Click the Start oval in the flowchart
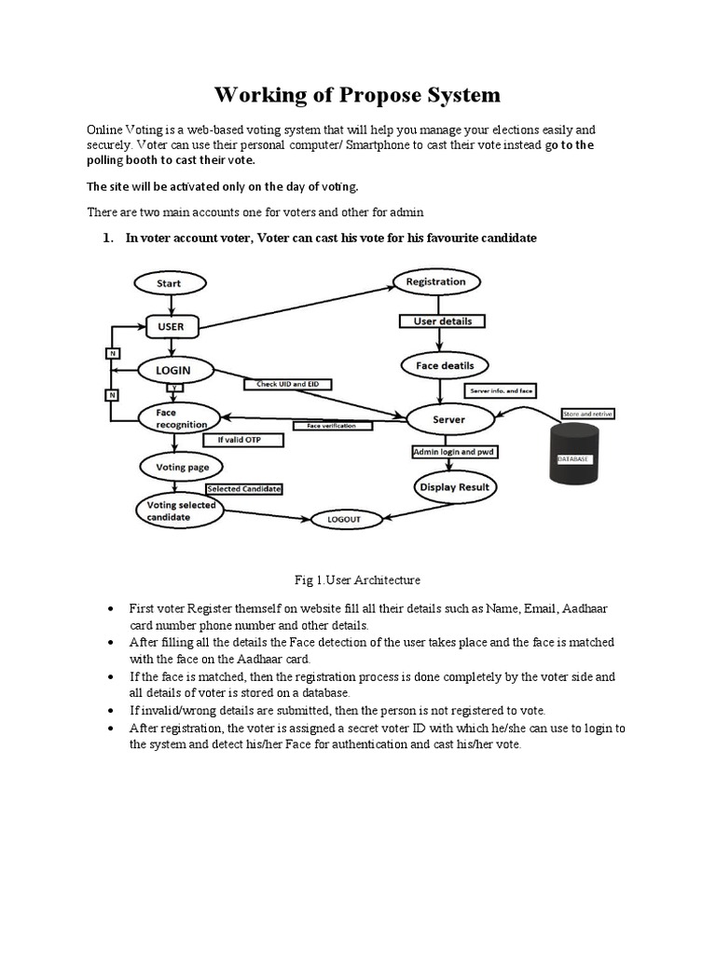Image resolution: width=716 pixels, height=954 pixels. pos(169,283)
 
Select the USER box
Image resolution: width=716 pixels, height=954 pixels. pos(171,327)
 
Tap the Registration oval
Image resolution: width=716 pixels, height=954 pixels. pos(436,281)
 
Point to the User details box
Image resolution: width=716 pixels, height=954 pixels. pos(443,321)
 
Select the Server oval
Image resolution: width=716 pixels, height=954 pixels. pos(448,419)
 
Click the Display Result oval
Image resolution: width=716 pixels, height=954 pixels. pos(454,486)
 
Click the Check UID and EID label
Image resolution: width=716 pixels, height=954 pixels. pos(288,384)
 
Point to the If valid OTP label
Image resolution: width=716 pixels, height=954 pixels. pos(239,439)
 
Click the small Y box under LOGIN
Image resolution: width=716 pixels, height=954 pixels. pos(172,388)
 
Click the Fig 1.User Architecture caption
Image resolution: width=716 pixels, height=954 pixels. pos(358,580)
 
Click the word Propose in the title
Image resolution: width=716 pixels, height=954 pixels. pos(381,95)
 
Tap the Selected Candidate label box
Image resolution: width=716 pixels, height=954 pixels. pos(244,488)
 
